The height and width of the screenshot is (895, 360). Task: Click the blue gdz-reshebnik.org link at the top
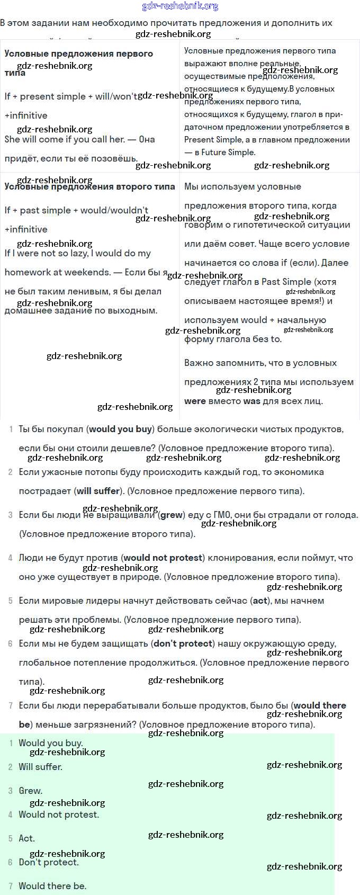pos(180,6)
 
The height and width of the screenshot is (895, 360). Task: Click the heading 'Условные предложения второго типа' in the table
pos(89,187)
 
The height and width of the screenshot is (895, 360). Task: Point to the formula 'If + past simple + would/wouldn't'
pos(76,210)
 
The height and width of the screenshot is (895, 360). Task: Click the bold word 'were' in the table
pos(195,401)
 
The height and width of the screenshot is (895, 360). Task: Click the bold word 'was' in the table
pos(251,401)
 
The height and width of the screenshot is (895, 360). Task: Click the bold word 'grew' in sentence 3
pos(171,515)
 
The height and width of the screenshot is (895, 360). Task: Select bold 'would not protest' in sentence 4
pos(164,558)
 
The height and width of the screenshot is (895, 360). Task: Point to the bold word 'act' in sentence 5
pos(260,601)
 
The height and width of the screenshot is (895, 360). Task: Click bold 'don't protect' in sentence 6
pos(183,643)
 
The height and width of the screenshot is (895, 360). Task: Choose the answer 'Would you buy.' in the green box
pos(51,743)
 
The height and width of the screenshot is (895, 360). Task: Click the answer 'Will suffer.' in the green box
pos(41,767)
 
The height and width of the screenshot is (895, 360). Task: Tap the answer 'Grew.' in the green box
pos(31,791)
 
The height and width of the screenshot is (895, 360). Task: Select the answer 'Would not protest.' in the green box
pos(59,815)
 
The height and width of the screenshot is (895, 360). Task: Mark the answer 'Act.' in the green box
pos(27,838)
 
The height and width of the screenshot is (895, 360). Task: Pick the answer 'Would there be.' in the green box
pos(52,886)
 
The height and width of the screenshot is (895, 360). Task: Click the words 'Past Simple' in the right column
pos(286,282)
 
